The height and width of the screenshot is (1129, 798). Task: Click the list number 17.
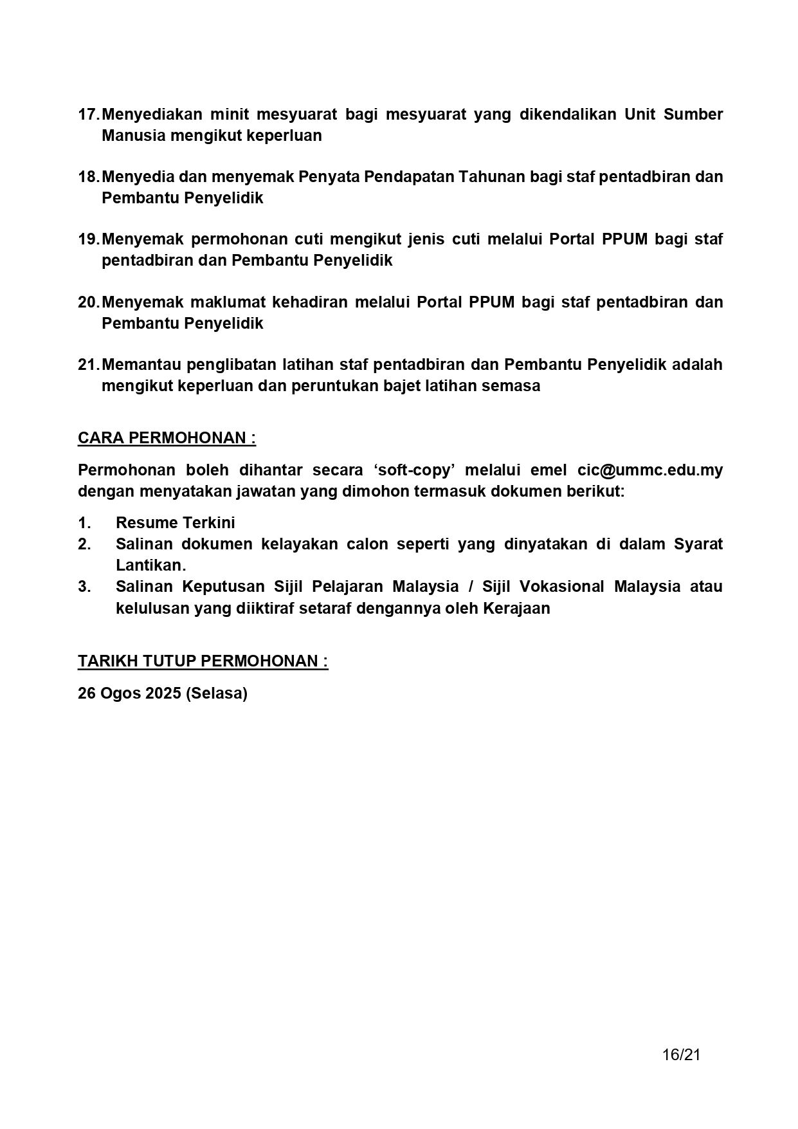88,115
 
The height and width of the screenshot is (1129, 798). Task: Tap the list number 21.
88,365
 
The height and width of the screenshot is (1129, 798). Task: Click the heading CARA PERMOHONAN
167,438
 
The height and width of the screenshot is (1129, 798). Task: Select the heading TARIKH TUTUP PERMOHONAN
203,661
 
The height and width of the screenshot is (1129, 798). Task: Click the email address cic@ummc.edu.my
650,470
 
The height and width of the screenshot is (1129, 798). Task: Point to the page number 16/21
681,1055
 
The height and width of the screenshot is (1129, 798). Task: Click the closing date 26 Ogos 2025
129,693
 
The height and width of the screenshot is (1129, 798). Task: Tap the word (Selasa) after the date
216,693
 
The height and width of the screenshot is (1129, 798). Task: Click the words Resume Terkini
175,523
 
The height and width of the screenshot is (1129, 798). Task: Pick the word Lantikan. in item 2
150,565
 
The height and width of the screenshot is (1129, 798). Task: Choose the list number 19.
88,239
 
